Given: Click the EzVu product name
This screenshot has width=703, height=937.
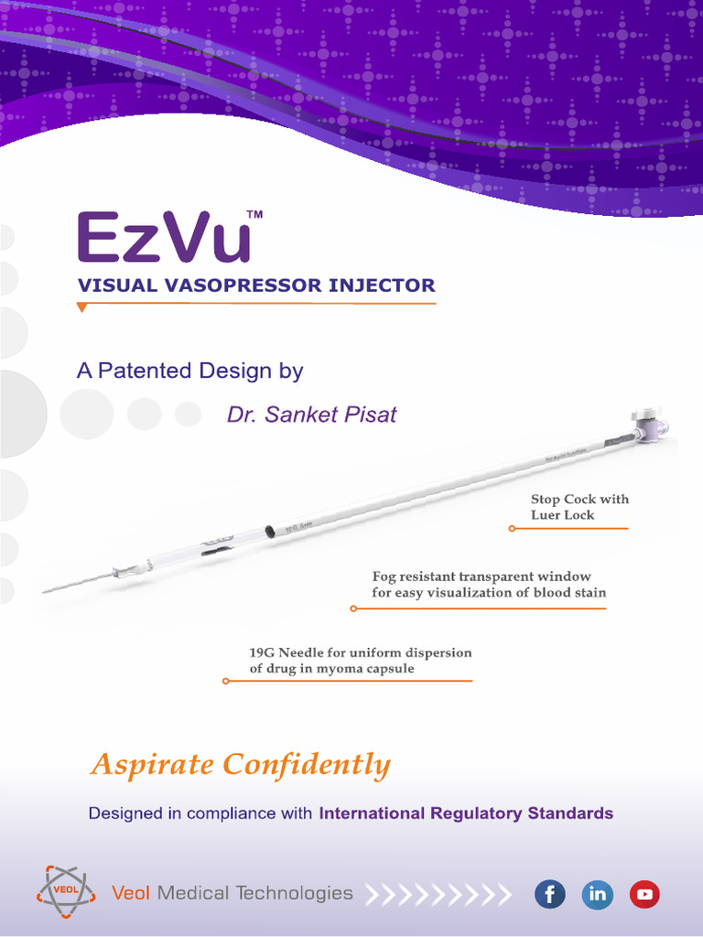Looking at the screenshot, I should (163, 238).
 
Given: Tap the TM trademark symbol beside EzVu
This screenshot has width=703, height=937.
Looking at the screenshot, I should (255, 214).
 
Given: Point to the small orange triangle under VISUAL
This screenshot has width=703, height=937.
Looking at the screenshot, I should (82, 307).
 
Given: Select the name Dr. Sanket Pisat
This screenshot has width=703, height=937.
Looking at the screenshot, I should (311, 415).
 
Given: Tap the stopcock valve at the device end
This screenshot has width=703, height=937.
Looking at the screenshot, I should (651, 423).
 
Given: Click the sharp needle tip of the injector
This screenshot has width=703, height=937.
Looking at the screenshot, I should (46, 590).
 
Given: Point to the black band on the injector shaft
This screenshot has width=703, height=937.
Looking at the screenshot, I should (270, 531).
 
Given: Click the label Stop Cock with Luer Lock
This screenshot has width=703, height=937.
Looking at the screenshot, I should (579, 507).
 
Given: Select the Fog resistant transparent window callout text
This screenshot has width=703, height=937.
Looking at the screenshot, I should (488, 585).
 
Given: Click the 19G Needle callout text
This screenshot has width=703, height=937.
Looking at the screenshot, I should (360, 661).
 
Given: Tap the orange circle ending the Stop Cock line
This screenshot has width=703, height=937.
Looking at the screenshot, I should (512, 528).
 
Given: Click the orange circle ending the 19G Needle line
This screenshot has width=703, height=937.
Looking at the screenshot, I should (225, 681).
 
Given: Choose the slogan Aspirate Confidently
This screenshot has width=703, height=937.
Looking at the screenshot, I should (240, 765).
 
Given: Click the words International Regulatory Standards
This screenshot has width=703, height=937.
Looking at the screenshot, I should (465, 813).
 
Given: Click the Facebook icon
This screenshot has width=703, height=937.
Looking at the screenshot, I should (550, 894).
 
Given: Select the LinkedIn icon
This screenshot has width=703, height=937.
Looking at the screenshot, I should (598, 894).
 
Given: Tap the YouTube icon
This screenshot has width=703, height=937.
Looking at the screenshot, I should (644, 894).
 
